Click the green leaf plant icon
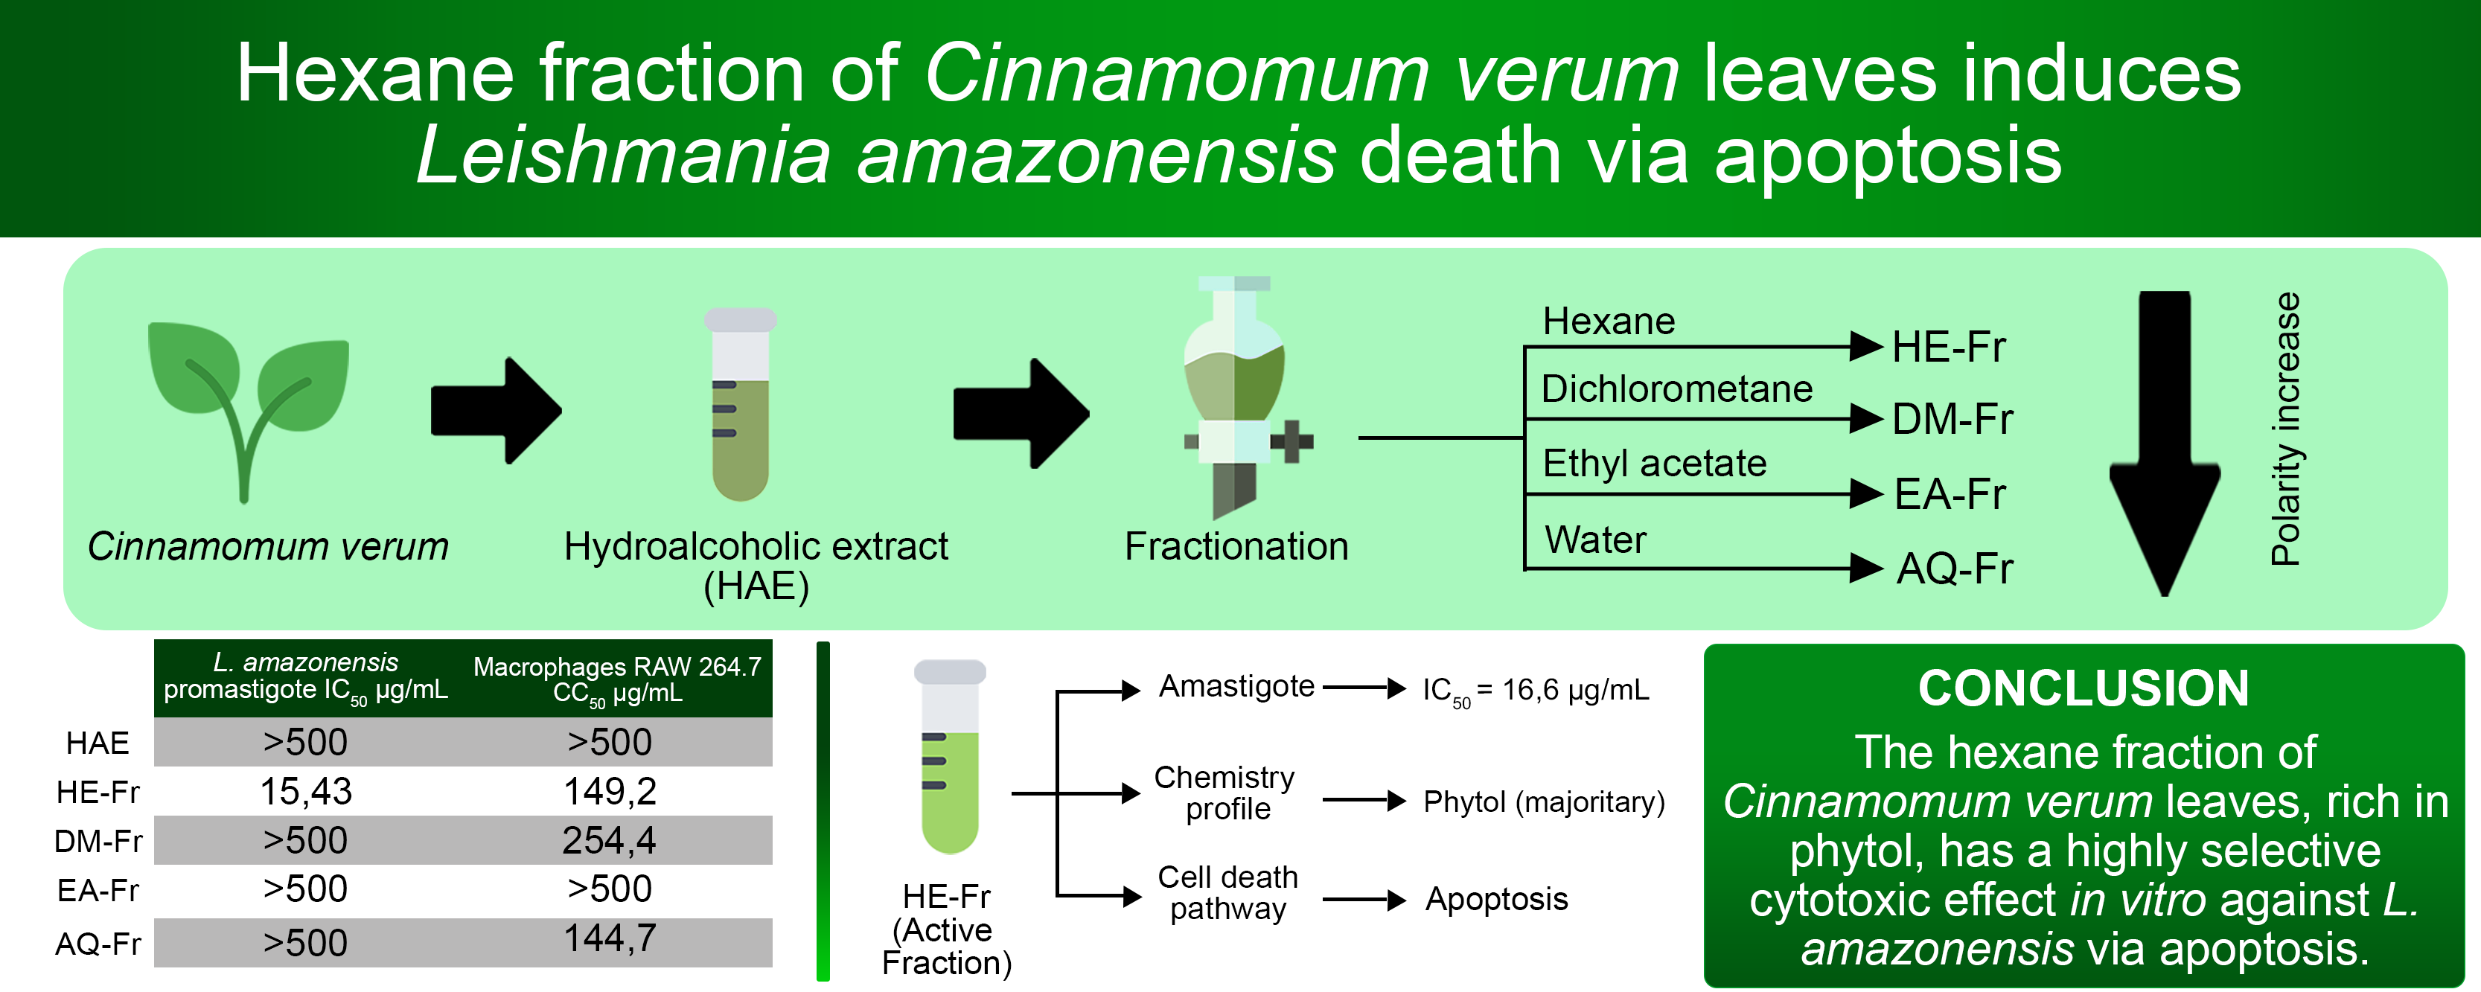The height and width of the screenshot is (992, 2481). coord(248,405)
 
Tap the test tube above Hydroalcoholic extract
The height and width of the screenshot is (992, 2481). coord(740,405)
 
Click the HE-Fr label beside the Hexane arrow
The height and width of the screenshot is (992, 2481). coord(1948,347)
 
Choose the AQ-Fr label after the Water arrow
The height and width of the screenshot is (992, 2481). coord(1954,569)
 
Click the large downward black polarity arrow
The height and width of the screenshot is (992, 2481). coord(2164,443)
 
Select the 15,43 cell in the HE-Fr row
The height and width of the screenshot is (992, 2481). coord(306,792)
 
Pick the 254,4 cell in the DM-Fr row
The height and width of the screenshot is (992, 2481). coord(609,841)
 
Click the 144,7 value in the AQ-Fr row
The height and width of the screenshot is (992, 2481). coord(609,938)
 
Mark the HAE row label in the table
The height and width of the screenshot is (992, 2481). coord(98,743)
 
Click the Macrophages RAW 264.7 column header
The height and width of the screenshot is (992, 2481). coord(617,679)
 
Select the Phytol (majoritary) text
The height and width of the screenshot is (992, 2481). coord(1544,801)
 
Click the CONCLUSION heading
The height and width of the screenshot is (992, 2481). coord(2084,688)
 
